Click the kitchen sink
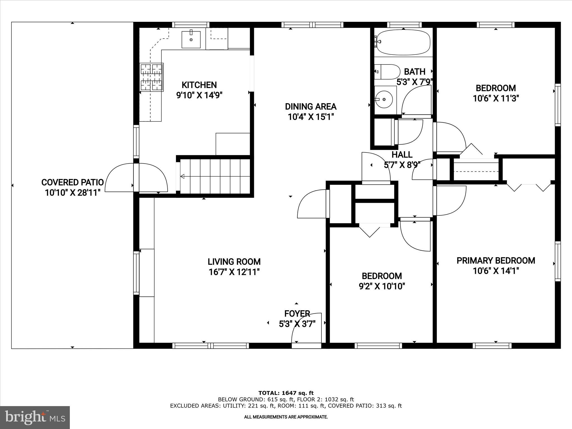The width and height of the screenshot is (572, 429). point(191,40)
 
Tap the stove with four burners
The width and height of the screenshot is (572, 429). point(152,77)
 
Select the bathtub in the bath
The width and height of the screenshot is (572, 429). point(403,42)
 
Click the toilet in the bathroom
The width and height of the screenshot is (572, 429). point(387,72)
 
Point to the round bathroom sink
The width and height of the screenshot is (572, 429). point(384,99)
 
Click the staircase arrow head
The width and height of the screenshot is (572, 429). point(182,176)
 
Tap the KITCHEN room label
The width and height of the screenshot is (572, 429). point(199,85)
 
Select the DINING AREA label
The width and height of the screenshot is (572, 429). point(311,106)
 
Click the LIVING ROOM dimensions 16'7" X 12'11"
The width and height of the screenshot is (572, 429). point(234,272)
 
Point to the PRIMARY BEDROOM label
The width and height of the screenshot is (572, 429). point(495,261)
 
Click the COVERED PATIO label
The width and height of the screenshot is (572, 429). point(72,182)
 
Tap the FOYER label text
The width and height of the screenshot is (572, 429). point(297,314)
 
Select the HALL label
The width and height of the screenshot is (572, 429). point(402,154)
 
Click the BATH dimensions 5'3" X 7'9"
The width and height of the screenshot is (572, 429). point(414,82)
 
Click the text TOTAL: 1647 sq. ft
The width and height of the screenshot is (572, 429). point(286,393)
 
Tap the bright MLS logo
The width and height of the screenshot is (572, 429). point(35,417)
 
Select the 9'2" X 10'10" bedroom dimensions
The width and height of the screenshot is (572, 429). point(382,286)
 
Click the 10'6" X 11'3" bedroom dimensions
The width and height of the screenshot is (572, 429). point(495,99)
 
